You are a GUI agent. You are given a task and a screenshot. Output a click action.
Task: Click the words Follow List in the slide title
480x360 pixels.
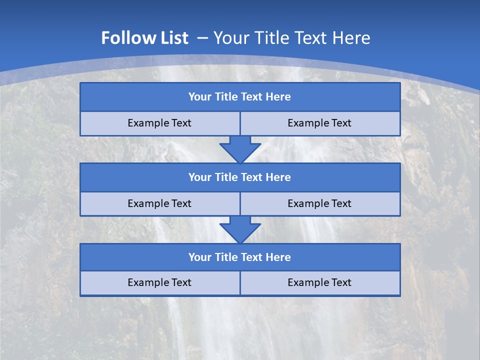[144, 38]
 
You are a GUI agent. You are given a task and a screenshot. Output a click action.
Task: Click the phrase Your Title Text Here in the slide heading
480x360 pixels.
[292, 38]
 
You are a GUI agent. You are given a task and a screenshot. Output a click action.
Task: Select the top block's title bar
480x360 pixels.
[239, 97]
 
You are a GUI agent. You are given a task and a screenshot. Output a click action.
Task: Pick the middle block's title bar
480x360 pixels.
[239, 177]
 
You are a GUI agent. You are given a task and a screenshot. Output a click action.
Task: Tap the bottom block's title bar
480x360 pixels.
[239, 257]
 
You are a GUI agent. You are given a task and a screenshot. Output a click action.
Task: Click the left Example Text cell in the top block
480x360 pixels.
[159, 123]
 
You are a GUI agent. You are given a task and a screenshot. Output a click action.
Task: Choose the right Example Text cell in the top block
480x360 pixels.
[319, 123]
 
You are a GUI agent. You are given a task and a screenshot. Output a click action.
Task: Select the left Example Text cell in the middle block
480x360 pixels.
[159, 204]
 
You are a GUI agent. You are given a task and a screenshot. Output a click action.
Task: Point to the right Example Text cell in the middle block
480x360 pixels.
[319, 204]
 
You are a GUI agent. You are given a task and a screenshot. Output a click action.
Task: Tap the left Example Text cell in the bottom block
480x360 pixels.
[159, 283]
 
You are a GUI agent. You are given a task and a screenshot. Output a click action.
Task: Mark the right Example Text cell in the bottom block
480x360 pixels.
[319, 283]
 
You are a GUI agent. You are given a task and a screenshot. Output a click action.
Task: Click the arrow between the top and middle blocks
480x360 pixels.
[240, 149]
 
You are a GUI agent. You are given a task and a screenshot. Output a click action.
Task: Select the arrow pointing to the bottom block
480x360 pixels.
[240, 229]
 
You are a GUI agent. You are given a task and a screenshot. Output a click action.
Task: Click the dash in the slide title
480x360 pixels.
[202, 37]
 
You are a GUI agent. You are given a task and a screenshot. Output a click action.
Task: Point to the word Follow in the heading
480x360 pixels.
[125, 38]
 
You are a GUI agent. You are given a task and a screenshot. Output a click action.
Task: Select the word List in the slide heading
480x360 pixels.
[170, 38]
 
